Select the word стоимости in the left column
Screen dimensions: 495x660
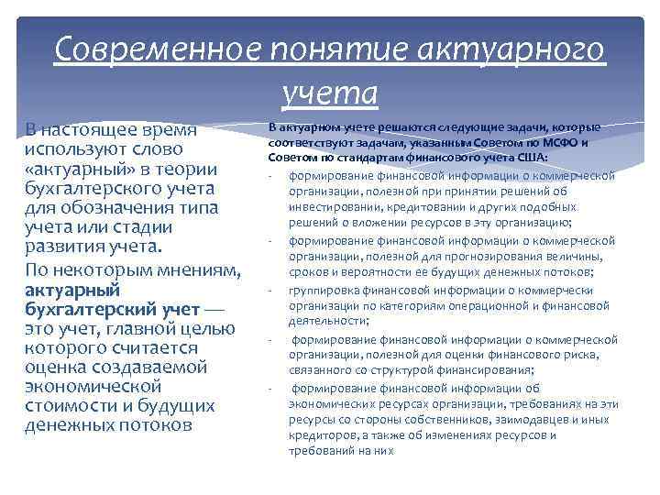pos(70,406)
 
